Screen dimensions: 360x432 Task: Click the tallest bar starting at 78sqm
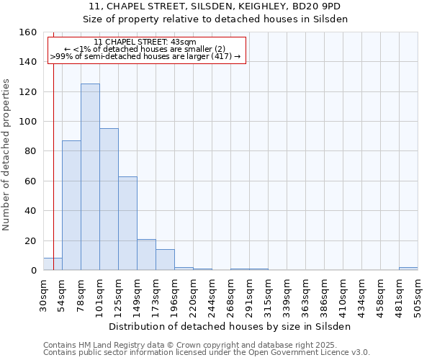(90, 177)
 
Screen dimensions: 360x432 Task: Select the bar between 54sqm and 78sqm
(71, 205)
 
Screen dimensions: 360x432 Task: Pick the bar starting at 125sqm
(127, 223)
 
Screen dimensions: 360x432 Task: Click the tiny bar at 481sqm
(408, 269)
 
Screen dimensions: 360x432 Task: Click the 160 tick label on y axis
(28, 32)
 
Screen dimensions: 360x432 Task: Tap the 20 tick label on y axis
(31, 240)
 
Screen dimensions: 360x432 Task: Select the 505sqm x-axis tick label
(418, 294)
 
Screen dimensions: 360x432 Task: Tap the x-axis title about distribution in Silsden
(230, 326)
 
